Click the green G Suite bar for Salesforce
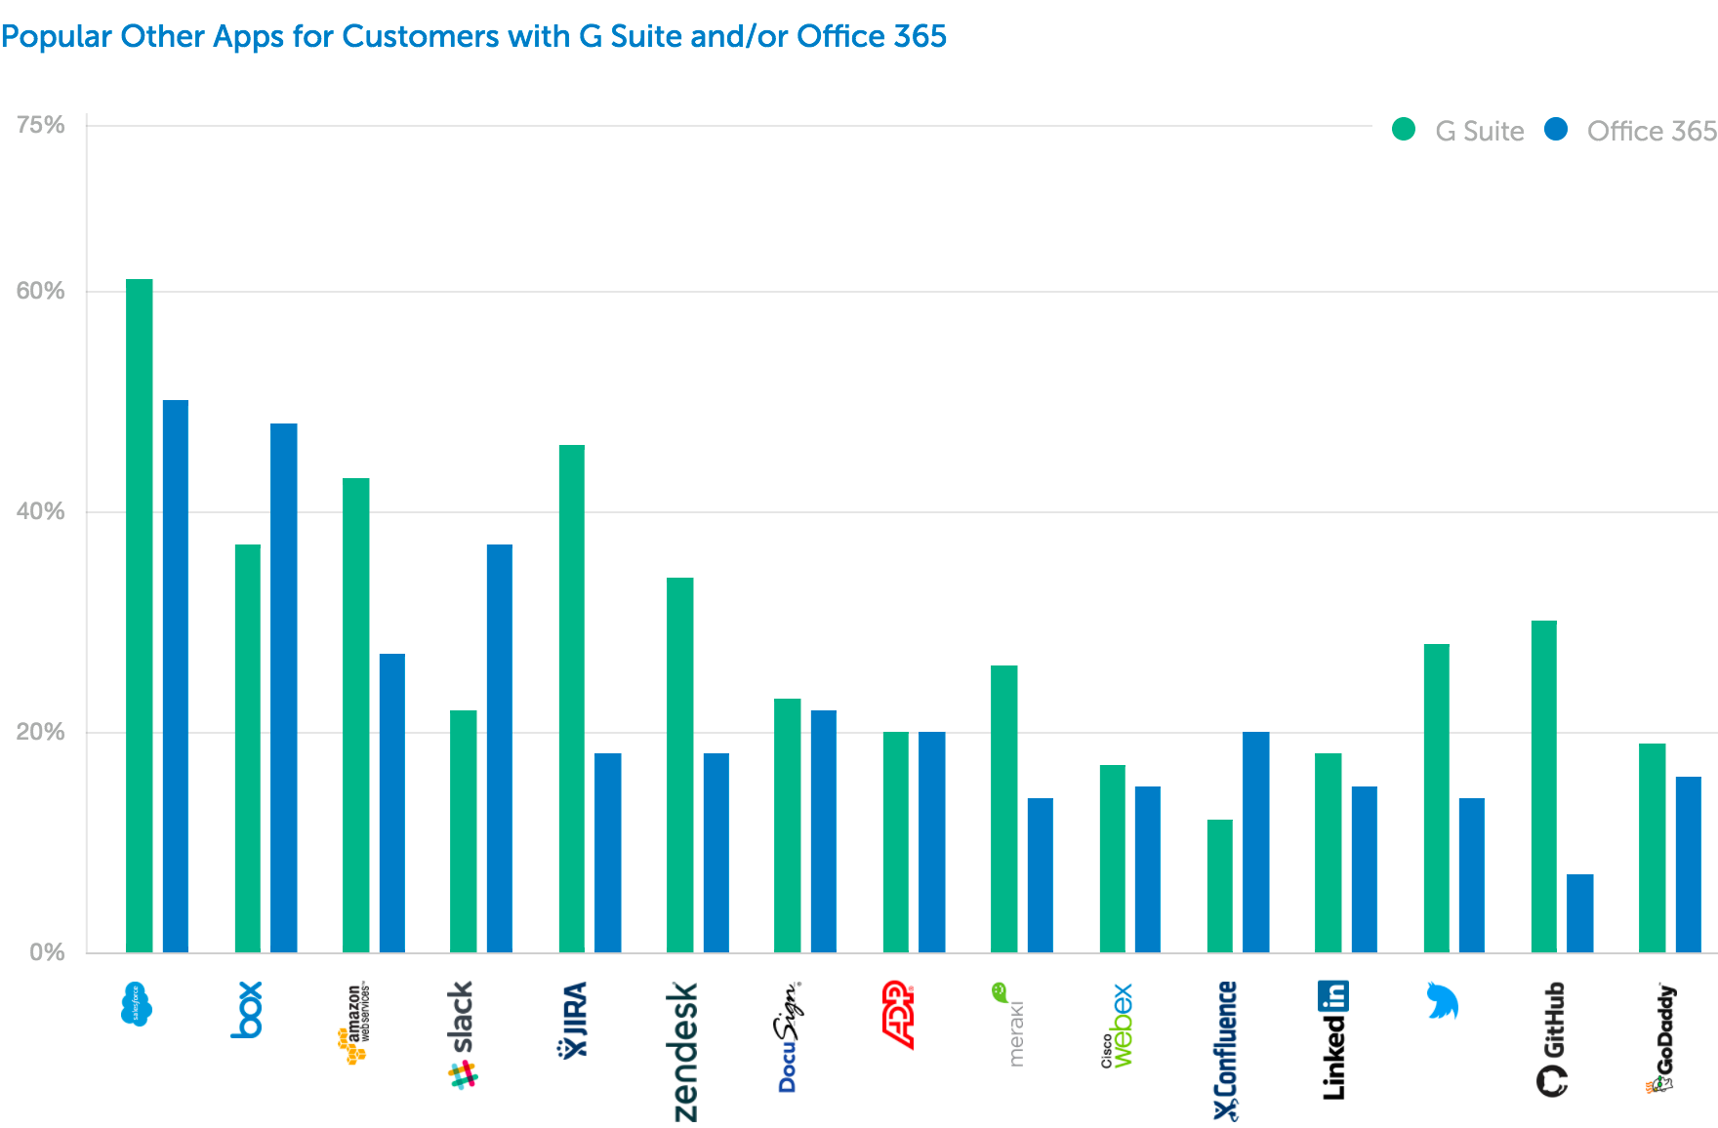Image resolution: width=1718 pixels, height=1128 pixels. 140,615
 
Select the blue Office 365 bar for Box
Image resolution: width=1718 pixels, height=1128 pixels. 284,687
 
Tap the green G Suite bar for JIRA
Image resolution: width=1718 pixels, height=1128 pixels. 572,698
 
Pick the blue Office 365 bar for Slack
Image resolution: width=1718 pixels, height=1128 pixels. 500,747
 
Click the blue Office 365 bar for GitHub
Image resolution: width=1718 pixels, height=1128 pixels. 1580,912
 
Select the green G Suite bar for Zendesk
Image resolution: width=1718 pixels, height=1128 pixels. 680,764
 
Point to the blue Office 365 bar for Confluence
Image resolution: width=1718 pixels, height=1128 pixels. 1256,841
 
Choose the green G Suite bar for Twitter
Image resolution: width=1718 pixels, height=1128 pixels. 1437,797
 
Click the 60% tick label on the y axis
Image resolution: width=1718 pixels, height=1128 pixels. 41,291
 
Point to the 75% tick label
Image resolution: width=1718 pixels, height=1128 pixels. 41,125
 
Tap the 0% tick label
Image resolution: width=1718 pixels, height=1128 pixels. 47,952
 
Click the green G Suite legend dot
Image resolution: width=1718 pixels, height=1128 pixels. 1404,130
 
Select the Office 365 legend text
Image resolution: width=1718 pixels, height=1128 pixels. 1652,131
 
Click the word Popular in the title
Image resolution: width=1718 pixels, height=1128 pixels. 56,36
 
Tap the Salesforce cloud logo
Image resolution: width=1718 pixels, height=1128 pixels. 137,1004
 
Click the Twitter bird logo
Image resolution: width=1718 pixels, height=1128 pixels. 1442,1001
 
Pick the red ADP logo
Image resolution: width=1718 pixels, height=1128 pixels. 898,1015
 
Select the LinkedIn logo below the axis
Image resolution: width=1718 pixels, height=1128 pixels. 1333,1040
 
